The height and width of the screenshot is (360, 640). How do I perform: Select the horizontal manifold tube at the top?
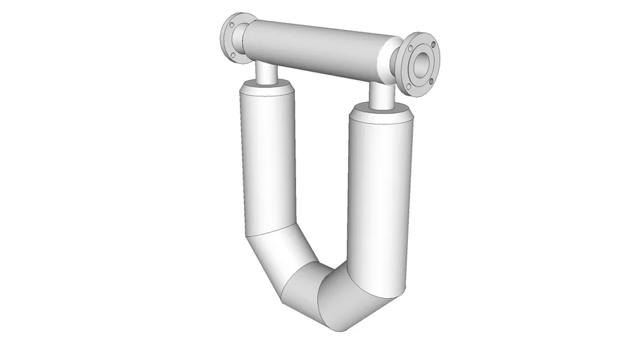pyautogui.click(x=316, y=49)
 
